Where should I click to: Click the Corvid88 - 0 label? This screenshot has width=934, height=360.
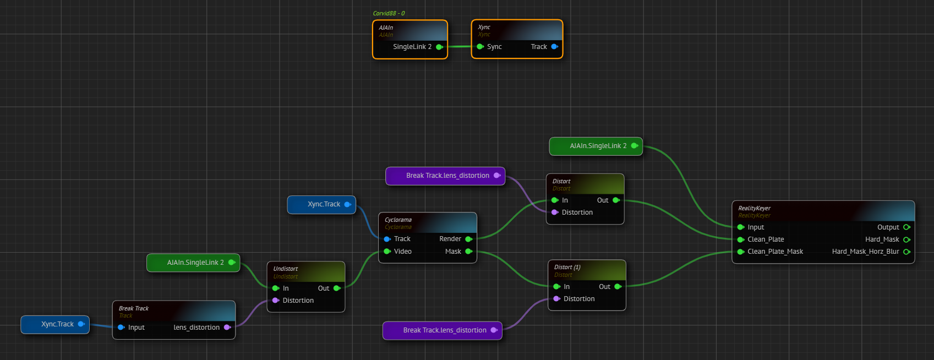389,13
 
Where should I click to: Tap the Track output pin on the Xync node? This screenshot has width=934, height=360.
554,47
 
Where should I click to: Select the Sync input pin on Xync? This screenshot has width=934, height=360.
480,47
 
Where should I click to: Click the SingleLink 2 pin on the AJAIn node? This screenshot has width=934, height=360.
439,47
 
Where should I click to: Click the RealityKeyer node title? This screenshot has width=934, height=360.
754,208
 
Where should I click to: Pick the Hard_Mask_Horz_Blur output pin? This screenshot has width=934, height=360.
906,252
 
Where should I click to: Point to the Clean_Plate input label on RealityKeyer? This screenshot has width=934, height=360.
766,239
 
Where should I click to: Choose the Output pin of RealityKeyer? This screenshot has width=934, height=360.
906,227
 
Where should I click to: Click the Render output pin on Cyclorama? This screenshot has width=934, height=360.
468,239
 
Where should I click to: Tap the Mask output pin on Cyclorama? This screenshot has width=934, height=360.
468,252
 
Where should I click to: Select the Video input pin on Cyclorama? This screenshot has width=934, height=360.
387,252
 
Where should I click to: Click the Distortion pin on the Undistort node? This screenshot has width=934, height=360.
276,301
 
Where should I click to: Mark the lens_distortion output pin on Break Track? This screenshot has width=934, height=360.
227,328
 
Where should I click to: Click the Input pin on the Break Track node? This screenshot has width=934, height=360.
121,328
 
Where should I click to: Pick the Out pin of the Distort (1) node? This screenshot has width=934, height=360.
618,287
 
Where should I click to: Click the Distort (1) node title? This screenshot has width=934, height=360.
567,267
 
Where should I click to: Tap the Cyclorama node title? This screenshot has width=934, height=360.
398,220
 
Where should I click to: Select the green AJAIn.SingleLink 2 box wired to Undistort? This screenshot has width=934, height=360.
193,263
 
